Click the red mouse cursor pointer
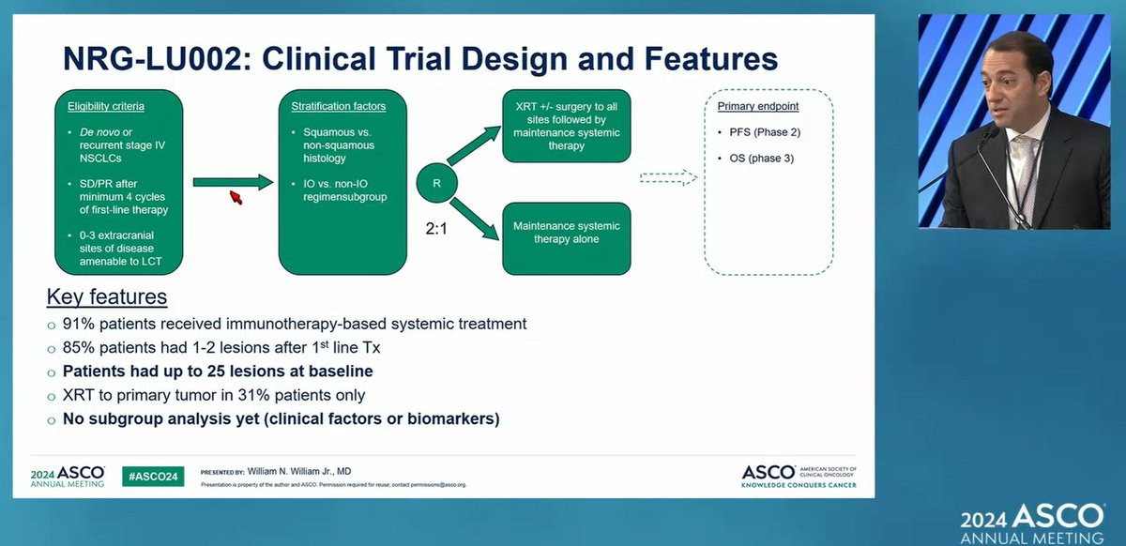[x=236, y=197]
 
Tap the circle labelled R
[x=436, y=183]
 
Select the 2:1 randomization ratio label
[x=436, y=226]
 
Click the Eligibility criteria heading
[x=105, y=106]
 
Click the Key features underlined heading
[x=107, y=297]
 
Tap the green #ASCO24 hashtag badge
[x=153, y=477]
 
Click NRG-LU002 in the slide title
[x=150, y=59]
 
